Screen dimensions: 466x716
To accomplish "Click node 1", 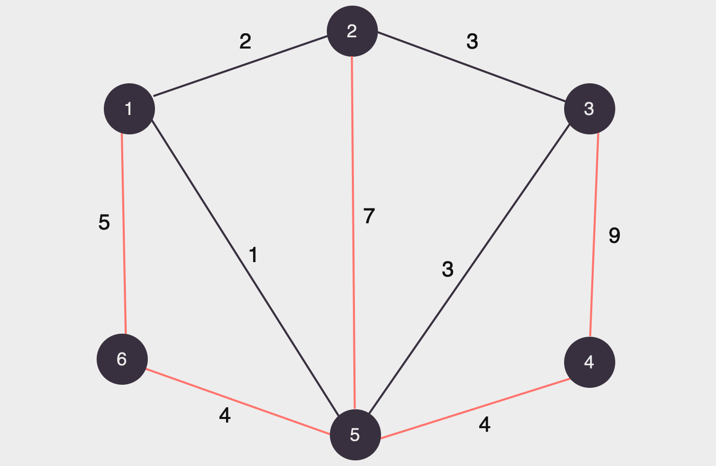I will (129, 109).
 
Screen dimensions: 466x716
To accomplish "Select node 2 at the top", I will (352, 32).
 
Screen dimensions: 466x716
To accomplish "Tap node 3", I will (589, 109).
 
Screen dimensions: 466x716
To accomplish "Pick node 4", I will (589, 362).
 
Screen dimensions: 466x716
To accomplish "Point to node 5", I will (355, 435).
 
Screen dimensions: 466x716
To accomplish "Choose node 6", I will (122, 359).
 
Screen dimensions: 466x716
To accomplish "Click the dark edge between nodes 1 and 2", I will (240, 65).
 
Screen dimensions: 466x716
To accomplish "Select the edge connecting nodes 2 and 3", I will (471, 66).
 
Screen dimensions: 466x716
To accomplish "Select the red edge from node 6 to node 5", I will (238, 402).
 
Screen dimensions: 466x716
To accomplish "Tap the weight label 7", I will (369, 216).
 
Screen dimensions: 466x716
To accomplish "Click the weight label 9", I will (614, 236).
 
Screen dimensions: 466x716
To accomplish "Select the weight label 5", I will (104, 223).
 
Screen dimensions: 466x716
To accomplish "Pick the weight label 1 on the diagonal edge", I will (253, 255).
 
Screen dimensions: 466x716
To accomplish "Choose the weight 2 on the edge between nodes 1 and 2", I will (245, 41).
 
